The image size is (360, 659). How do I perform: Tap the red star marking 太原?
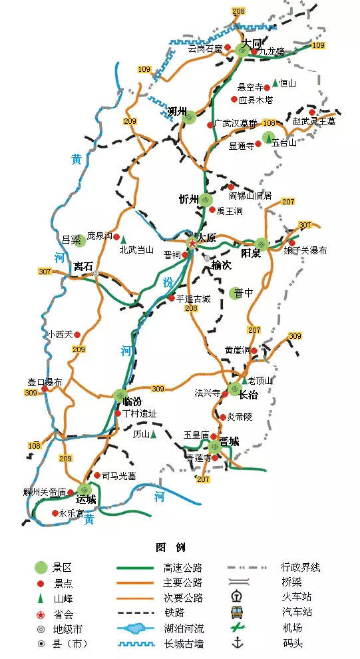[192, 243]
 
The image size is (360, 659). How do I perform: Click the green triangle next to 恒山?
[274, 83]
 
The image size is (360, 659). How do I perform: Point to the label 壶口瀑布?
[44, 383]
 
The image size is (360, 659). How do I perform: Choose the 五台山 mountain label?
[285, 142]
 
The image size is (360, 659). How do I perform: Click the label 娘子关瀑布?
[305, 251]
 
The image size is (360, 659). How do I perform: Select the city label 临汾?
[133, 402]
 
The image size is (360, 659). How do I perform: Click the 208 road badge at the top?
[238, 11]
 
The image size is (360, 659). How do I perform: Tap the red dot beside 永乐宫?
[55, 513]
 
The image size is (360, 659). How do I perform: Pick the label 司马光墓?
[118, 475]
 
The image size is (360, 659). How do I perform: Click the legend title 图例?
[170, 547]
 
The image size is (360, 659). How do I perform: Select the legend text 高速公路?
[182, 568]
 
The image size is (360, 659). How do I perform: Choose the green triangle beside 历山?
[154, 435]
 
